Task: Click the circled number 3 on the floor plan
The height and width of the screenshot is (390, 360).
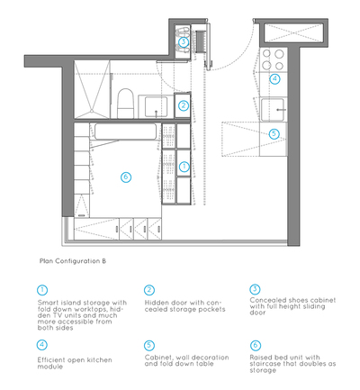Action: pyautogui.click(x=184, y=41)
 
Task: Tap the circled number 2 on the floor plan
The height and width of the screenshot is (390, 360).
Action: pyautogui.click(x=184, y=105)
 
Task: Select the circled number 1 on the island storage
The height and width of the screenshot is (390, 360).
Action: pyautogui.click(x=184, y=167)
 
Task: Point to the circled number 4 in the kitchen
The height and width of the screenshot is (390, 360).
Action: pyautogui.click(x=274, y=79)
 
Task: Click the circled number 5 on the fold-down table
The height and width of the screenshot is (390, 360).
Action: pyautogui.click(x=274, y=133)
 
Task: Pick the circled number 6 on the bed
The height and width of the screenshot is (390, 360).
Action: pyautogui.click(x=126, y=177)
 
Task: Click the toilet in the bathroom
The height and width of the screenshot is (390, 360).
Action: pyautogui.click(x=125, y=103)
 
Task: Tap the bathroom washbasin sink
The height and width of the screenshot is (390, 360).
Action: pyautogui.click(x=156, y=106)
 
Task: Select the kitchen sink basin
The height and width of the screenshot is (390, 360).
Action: pyautogui.click(x=272, y=110)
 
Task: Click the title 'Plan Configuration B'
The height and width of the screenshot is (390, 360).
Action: pyautogui.click(x=73, y=261)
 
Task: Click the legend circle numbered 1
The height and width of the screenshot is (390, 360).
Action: pyautogui.click(x=42, y=290)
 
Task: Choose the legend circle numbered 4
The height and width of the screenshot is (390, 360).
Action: pyautogui.click(x=41, y=345)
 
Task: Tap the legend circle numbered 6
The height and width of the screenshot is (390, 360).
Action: pyautogui.click(x=256, y=345)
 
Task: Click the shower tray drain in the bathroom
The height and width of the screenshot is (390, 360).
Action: pyautogui.click(x=91, y=112)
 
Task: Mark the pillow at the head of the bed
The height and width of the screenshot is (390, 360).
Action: pyautogui.click(x=125, y=132)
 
